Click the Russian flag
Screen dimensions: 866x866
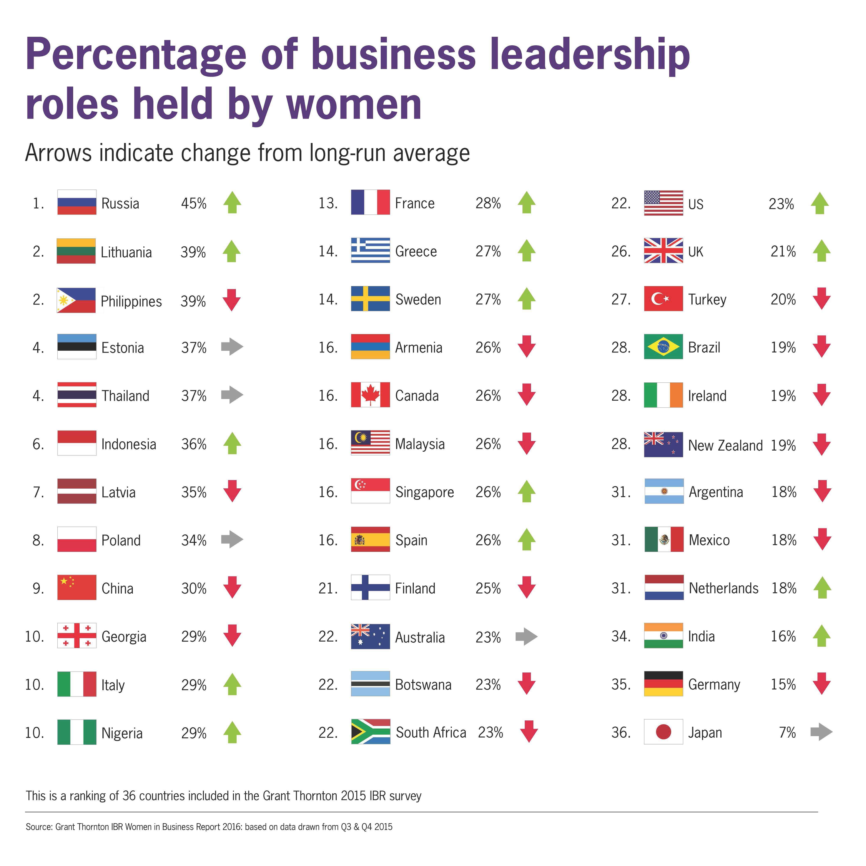77,203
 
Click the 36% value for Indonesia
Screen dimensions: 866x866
194,444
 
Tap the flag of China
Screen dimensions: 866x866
77,588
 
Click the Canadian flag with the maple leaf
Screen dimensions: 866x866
370,395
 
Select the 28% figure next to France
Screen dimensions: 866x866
488,203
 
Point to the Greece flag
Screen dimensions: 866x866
370,251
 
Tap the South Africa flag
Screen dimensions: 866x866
370,732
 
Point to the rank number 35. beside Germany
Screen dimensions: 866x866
621,684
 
